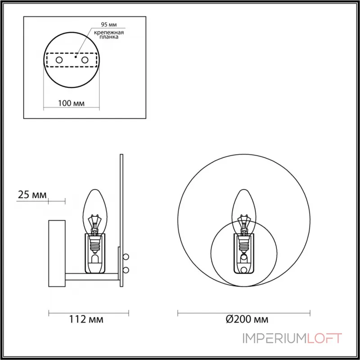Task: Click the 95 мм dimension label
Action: click(109, 24)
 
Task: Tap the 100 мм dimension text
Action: click(71, 103)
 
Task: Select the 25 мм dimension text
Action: click(32, 195)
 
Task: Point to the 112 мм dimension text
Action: click(86, 319)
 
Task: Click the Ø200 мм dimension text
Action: click(247, 319)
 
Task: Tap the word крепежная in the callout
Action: click(109, 32)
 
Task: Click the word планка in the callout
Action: click(109, 37)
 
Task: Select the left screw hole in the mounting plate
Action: click(59, 60)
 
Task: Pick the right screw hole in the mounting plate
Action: click(85, 60)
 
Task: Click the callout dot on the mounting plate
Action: click(76, 56)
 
